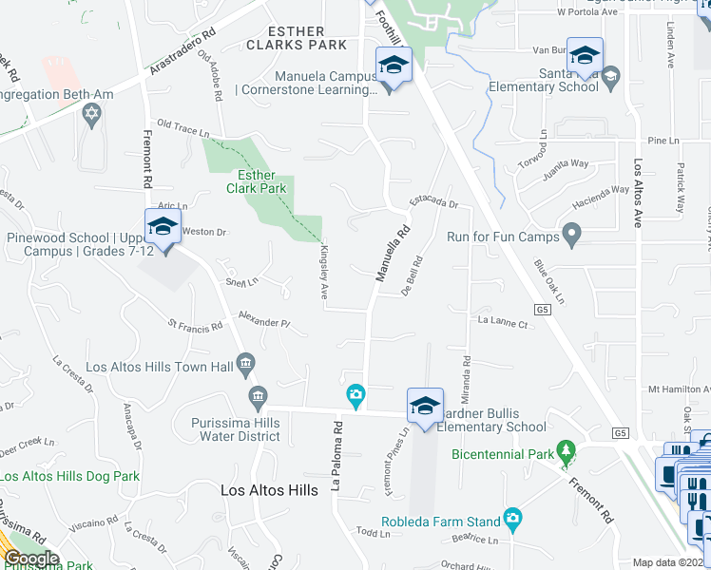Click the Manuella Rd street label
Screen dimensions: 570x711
click(393, 254)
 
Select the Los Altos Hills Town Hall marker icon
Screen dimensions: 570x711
click(246, 362)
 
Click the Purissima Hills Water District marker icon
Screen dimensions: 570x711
click(257, 394)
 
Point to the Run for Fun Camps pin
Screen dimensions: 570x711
click(571, 233)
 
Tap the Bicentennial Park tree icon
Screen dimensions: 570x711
click(567, 449)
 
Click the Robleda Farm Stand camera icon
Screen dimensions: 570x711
click(513, 519)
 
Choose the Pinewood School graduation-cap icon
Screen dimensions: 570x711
click(163, 225)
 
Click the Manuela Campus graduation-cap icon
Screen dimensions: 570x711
click(391, 65)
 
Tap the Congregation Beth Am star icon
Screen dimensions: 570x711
click(91, 116)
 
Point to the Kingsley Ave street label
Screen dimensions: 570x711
click(324, 272)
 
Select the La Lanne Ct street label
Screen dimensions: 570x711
click(502, 323)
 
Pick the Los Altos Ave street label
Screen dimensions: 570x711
click(638, 193)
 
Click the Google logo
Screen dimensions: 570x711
click(31, 558)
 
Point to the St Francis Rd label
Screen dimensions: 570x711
click(195, 326)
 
